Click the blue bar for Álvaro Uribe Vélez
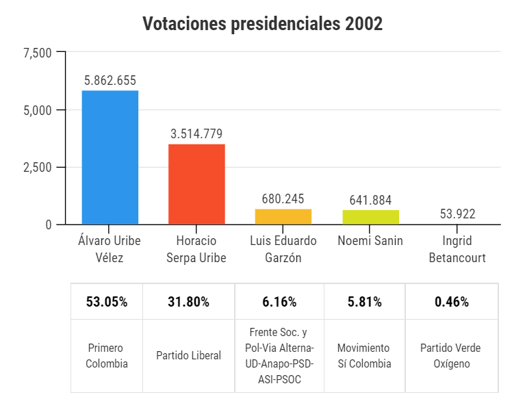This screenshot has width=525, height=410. point(110,157)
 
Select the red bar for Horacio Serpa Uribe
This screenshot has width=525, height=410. point(196,183)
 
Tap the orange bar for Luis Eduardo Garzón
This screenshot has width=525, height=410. point(283,216)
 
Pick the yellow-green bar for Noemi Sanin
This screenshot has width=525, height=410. point(370,217)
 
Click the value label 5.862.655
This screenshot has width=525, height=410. point(110,80)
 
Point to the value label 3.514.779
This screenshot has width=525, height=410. point(196,133)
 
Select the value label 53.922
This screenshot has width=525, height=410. point(457,214)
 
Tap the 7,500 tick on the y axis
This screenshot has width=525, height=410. point(38,53)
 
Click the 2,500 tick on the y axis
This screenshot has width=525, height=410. point(38,168)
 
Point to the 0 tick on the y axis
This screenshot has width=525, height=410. point(49,225)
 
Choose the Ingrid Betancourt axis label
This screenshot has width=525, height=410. point(457,249)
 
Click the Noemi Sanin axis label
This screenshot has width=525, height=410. point(370,241)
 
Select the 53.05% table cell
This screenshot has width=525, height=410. point(107,302)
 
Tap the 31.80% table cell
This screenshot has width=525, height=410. point(189,302)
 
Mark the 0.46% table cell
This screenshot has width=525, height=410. point(452,302)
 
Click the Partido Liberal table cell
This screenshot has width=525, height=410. point(189,356)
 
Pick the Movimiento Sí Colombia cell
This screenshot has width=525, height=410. point(364,356)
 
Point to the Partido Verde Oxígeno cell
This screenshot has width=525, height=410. point(452,356)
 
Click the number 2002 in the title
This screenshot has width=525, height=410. point(363,24)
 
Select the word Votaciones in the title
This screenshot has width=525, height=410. point(183,24)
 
